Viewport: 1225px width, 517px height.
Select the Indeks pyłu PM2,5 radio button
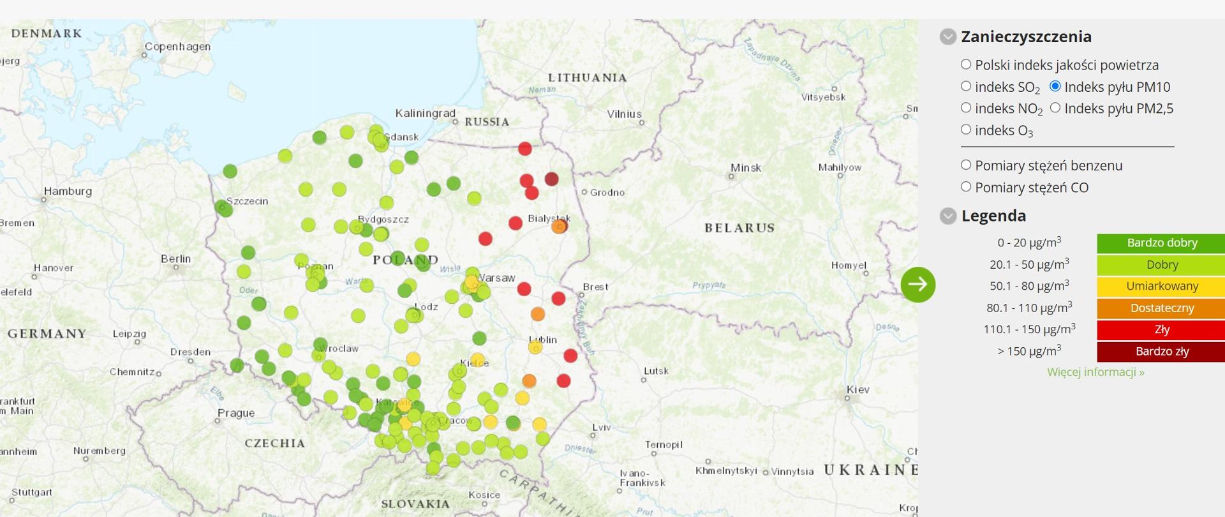tap(1055, 108)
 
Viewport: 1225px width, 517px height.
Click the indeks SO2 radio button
tap(966, 86)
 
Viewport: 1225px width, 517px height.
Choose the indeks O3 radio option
tap(966, 130)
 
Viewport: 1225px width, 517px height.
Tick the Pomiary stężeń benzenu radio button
tap(966, 165)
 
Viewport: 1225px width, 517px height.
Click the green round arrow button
tap(917, 284)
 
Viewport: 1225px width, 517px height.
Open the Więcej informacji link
tap(1095, 372)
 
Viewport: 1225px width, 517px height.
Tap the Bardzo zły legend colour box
tap(1161, 351)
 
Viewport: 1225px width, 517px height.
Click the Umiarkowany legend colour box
tap(1161, 286)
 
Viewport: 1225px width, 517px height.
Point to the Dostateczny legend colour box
tap(1161, 308)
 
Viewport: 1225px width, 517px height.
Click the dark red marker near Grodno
tap(551, 179)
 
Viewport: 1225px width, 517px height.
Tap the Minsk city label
tap(746, 168)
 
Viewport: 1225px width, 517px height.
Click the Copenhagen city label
tap(177, 47)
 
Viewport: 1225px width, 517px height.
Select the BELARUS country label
tap(739, 228)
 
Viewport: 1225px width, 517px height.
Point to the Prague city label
tap(236, 413)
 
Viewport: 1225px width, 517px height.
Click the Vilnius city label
tap(624, 114)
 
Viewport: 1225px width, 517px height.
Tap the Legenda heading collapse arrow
tap(948, 216)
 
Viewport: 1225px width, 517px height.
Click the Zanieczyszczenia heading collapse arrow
tap(948, 36)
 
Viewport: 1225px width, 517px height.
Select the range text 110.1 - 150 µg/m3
tap(1028, 329)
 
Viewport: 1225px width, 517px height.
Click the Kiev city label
tap(857, 389)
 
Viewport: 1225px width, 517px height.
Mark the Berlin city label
tap(175, 258)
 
